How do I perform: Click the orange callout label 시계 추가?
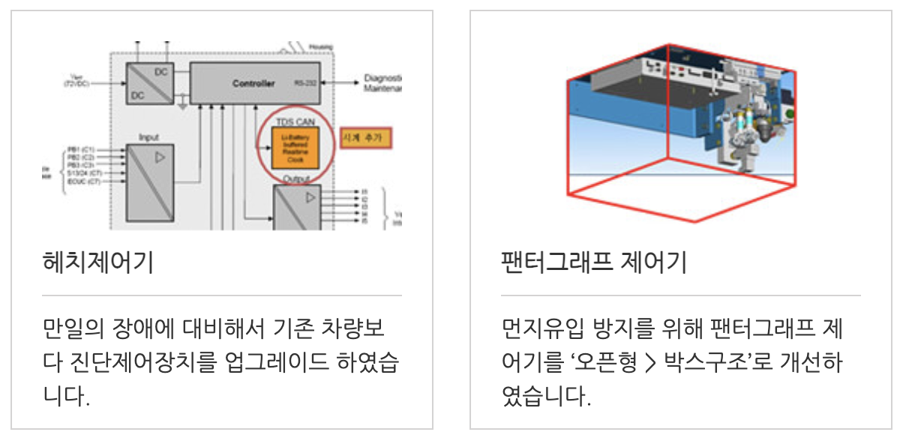[x=366, y=139]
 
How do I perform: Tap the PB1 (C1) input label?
[x=81, y=149]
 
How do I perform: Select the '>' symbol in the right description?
[x=650, y=363]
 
